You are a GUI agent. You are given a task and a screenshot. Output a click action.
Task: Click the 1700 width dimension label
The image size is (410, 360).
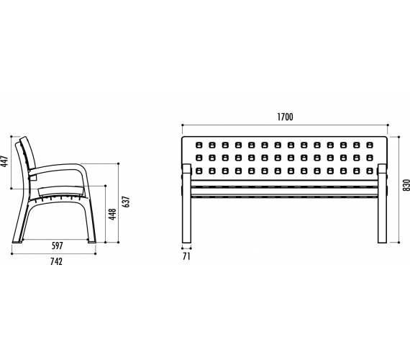(285, 117)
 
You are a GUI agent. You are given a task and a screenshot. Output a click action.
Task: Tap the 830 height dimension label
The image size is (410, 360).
(406, 185)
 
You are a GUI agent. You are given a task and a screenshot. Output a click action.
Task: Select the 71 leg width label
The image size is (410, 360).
(186, 256)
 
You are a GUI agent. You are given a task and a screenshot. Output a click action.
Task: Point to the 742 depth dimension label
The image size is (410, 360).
(57, 261)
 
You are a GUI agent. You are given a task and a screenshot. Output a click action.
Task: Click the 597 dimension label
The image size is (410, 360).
(58, 246)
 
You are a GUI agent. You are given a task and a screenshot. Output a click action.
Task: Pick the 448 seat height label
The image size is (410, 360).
(112, 214)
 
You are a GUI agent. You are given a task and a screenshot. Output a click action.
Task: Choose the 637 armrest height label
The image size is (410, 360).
(126, 202)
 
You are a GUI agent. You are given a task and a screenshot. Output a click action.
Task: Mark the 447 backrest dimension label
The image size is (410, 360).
(5, 161)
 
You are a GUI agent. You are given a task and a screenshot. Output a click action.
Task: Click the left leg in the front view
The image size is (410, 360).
(187, 204)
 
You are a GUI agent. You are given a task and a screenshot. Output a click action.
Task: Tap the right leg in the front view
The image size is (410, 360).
(382, 204)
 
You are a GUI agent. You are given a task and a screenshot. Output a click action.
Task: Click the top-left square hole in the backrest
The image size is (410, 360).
(199, 145)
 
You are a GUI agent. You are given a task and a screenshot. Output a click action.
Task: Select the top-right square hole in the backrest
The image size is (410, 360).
(370, 145)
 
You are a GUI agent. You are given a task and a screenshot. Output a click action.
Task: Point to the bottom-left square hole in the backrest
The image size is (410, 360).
(199, 171)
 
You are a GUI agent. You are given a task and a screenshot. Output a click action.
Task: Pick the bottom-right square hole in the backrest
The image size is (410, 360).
(370, 171)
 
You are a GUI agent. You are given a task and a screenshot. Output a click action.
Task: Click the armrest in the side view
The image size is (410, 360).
(58, 169)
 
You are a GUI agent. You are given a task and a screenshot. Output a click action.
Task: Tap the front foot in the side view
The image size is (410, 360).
(92, 241)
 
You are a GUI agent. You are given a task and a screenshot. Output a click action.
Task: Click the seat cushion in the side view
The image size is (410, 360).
(62, 191)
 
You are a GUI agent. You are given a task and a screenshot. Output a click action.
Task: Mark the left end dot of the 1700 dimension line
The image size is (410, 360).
(182, 125)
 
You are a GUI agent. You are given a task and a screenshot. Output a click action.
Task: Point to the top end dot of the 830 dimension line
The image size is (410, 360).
(398, 136)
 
